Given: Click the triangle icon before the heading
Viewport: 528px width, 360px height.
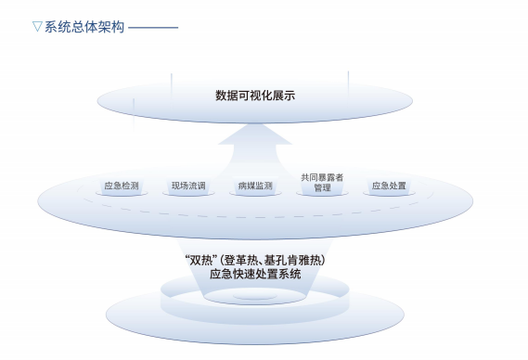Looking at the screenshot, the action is [37, 27].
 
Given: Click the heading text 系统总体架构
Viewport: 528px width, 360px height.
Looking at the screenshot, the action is [84, 27].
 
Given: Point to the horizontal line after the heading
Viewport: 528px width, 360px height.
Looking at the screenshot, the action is [153, 27].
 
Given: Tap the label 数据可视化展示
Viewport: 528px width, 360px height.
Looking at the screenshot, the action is [255, 96].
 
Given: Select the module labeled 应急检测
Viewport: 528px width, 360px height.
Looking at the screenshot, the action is [122, 186].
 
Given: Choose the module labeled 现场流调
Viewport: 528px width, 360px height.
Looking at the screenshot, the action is [188, 186].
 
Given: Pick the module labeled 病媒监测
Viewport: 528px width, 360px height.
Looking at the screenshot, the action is [255, 186].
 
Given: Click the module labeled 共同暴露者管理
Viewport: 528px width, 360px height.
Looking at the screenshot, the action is [322, 184].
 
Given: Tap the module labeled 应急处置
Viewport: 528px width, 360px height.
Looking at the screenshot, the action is [389, 186].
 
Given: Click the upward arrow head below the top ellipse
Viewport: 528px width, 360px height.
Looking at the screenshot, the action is [255, 135].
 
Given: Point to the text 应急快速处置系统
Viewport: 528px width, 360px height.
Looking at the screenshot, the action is [255, 274].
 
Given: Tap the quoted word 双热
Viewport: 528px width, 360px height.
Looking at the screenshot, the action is [201, 260].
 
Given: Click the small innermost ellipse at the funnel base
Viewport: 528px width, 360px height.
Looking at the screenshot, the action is [255, 296].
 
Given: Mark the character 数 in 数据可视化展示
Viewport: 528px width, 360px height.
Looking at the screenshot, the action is [221, 96].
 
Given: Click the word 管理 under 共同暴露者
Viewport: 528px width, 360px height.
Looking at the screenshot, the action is [322, 188].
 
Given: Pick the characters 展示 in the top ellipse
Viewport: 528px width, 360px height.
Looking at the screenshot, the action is [284, 96].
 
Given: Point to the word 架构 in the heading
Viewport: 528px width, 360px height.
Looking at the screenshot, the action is [111, 27].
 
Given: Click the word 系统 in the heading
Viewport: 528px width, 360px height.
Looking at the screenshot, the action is [58, 27].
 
